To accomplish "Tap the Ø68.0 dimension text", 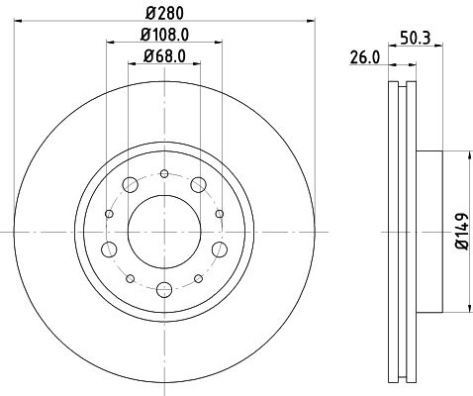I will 163,58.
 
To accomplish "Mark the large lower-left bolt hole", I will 111,247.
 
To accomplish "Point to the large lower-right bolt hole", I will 218,247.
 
